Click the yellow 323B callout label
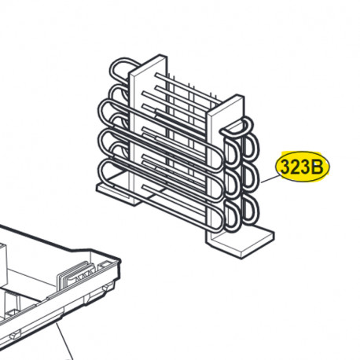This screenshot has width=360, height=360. pyautogui.click(x=303, y=167)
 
